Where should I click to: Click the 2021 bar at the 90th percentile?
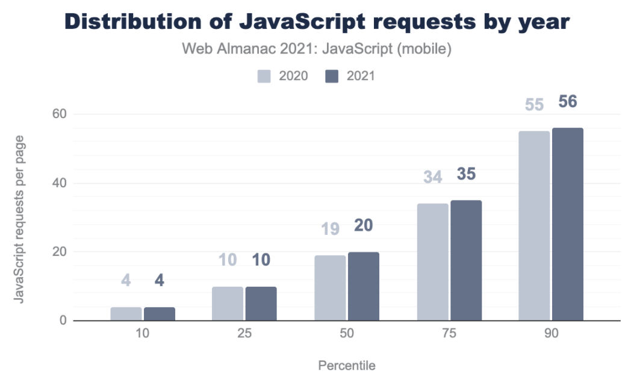(567, 224)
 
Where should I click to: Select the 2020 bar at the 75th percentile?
(432, 262)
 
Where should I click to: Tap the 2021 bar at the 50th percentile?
(364, 286)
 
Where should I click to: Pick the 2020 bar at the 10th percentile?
(126, 314)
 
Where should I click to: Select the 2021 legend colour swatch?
(332, 76)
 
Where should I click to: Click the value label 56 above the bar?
(567, 102)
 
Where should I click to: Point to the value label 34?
(432, 176)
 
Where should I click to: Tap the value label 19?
(330, 228)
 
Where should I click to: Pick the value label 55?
(533, 104)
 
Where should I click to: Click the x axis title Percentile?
(346, 366)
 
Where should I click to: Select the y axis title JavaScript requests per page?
(19, 219)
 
